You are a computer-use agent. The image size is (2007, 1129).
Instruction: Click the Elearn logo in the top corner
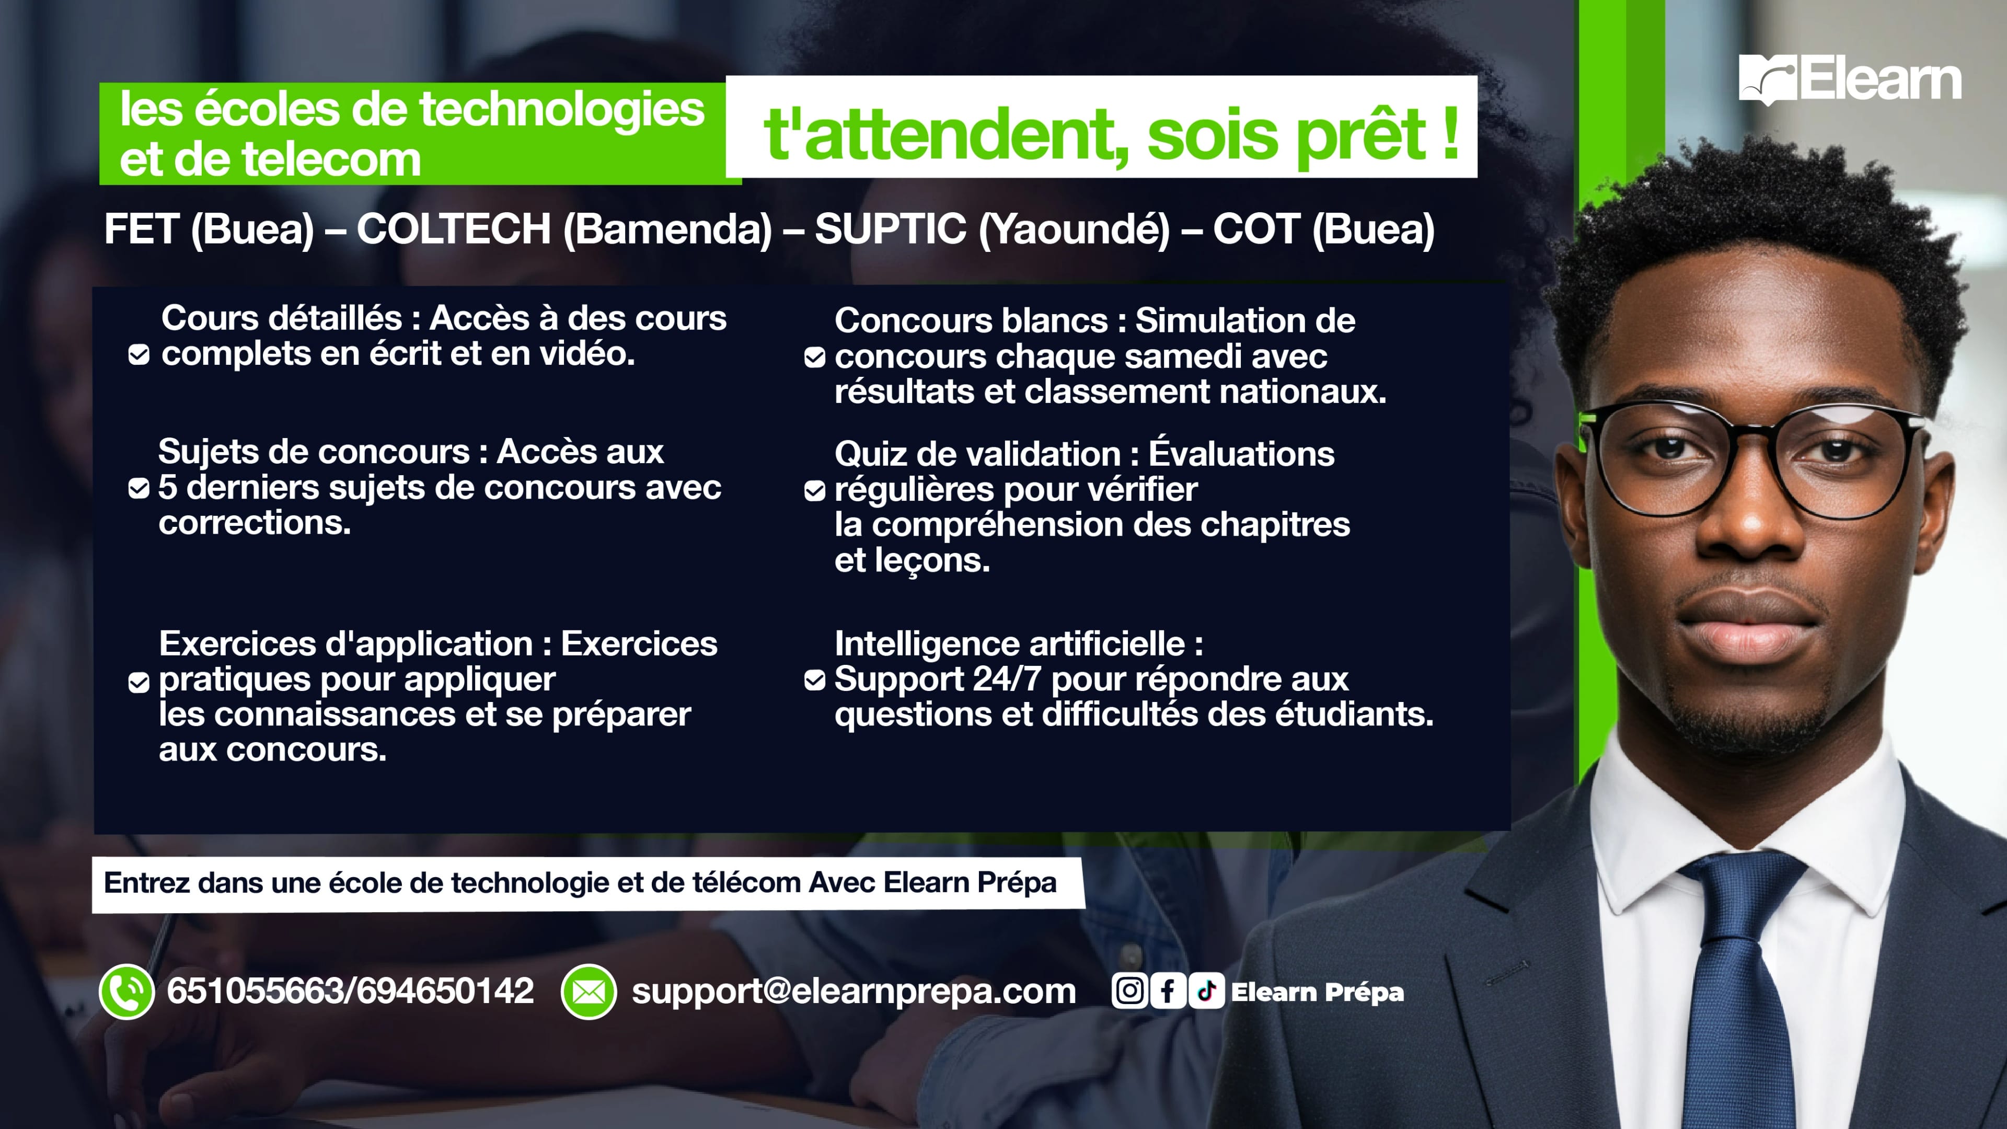pos(1850,79)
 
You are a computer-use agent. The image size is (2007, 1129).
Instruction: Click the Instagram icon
pos(1129,991)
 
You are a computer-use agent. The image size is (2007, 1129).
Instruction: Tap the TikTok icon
pos(1206,991)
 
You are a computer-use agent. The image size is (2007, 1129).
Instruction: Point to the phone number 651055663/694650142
pos(351,991)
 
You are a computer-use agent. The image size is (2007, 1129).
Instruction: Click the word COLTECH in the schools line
pos(454,229)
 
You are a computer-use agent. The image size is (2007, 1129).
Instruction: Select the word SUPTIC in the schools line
pos(891,229)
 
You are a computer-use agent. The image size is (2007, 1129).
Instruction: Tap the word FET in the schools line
pos(142,229)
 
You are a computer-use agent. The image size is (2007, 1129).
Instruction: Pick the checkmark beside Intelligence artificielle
pos(814,680)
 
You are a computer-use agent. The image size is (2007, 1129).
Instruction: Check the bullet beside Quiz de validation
pos(814,491)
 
